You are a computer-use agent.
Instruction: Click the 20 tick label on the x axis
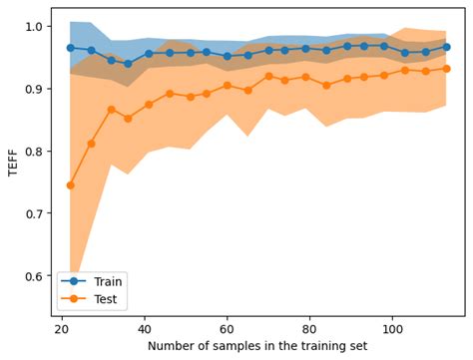click(62, 327)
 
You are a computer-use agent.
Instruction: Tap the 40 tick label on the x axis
click(145, 327)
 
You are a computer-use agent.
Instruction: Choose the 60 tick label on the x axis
click(228, 327)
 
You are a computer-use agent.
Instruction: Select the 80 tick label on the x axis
click(310, 327)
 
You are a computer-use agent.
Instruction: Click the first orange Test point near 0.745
click(70, 185)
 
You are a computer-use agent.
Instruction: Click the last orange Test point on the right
click(446, 69)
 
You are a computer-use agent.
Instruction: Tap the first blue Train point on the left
click(70, 47)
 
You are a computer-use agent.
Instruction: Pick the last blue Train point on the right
click(446, 47)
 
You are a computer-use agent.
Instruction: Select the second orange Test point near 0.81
click(91, 144)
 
